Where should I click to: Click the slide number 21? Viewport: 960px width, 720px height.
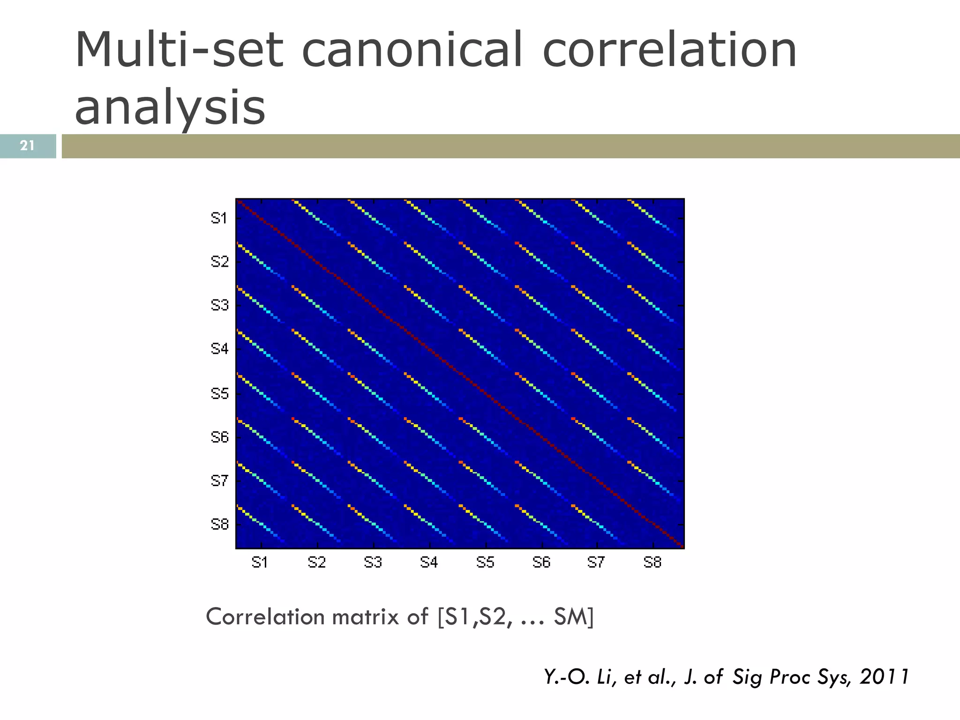pyautogui.click(x=27, y=146)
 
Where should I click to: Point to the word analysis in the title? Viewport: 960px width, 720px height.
pyautogui.click(x=170, y=108)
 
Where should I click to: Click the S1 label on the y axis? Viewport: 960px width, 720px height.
pyautogui.click(x=219, y=218)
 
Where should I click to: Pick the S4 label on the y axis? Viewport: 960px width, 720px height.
pyautogui.click(x=219, y=349)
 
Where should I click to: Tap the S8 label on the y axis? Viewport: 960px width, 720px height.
pyautogui.click(x=219, y=524)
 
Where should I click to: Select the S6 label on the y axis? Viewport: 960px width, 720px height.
pyautogui.click(x=219, y=437)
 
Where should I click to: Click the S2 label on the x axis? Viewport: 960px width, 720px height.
pyautogui.click(x=317, y=562)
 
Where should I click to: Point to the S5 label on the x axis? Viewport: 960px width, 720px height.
pyautogui.click(x=485, y=562)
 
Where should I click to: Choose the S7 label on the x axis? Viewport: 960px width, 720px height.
pyautogui.click(x=596, y=562)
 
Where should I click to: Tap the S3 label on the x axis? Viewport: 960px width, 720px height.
pyautogui.click(x=373, y=562)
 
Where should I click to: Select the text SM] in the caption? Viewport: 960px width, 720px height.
pyautogui.click(x=574, y=617)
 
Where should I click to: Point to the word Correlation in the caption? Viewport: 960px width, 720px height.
pyautogui.click(x=265, y=617)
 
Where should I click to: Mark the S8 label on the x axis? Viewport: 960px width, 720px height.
pyautogui.click(x=652, y=562)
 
